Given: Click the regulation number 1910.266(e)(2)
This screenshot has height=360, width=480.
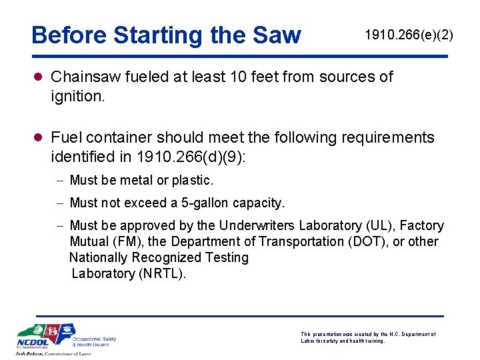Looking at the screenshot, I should tap(409, 35).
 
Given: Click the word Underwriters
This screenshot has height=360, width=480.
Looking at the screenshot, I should tap(257, 225).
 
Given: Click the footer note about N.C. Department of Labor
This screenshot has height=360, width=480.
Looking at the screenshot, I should tap(368, 337).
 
